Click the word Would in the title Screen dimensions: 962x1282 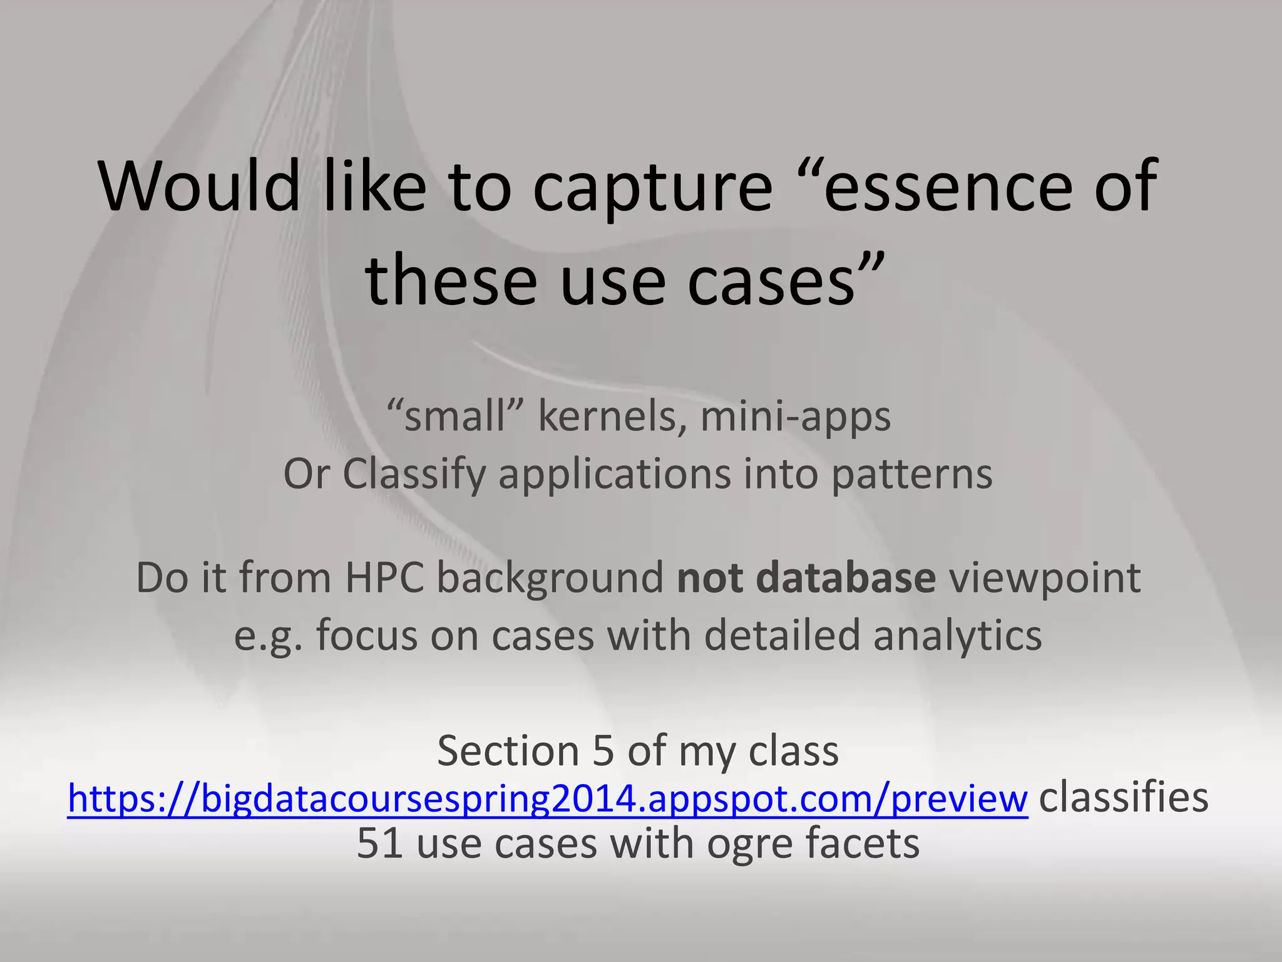pyautogui.click(x=200, y=186)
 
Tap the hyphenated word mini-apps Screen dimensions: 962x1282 pyautogui.click(x=795, y=418)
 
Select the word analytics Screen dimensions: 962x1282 pyautogui.click(x=957, y=636)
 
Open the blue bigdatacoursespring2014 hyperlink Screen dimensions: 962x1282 pyautogui.click(x=547, y=799)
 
